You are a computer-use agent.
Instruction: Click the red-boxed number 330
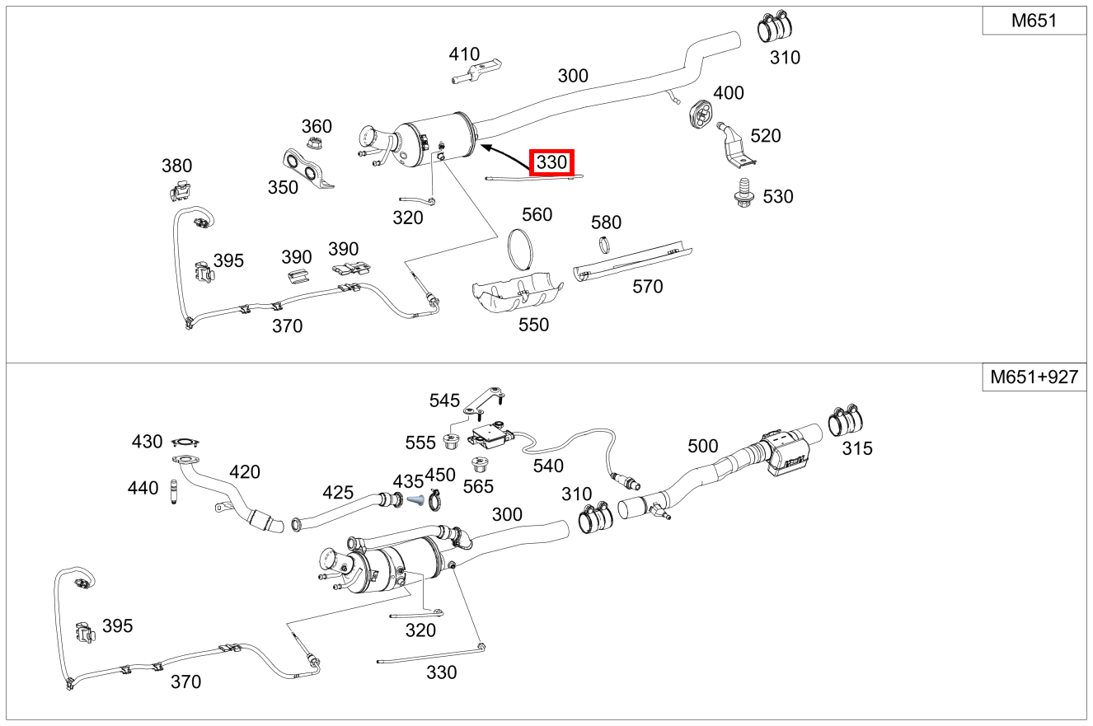(x=551, y=162)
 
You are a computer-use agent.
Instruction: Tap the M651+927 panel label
(x=1034, y=377)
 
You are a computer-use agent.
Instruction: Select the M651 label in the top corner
(x=1034, y=21)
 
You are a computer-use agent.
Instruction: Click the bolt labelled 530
(x=744, y=193)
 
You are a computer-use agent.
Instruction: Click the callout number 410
(x=464, y=54)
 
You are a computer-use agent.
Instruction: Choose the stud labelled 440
(x=174, y=492)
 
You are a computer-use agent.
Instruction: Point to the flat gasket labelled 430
(x=185, y=443)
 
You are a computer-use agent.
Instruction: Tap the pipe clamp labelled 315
(x=846, y=419)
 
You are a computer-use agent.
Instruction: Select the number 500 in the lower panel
(x=702, y=446)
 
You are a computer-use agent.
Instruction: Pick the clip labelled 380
(x=180, y=190)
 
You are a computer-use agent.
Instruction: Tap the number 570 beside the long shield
(x=648, y=287)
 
